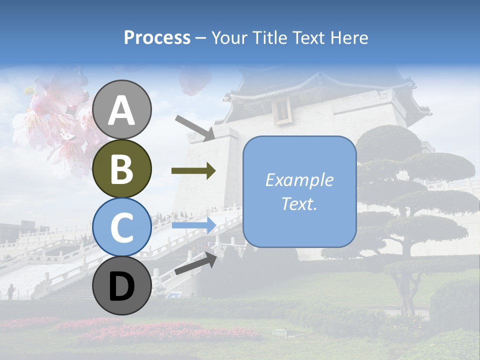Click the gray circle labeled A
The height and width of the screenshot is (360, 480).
click(x=122, y=109)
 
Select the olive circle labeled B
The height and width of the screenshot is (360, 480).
click(x=122, y=168)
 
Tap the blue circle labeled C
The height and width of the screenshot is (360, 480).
click(x=122, y=227)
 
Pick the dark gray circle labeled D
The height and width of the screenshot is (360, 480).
click(x=122, y=285)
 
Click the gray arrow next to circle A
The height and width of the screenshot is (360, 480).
click(x=195, y=127)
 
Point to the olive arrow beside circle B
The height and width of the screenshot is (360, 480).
click(x=193, y=171)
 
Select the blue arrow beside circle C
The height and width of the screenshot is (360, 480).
click(x=193, y=225)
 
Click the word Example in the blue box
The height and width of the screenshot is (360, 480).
click(x=299, y=180)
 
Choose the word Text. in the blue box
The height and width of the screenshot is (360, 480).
click(x=299, y=204)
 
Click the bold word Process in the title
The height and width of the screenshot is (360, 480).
click(x=157, y=37)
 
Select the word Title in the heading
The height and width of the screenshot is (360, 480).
click(x=267, y=37)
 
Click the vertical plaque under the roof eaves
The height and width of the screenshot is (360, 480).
click(x=282, y=109)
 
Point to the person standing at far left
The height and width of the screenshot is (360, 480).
click(x=10, y=291)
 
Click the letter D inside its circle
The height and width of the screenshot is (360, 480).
click(x=122, y=286)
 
